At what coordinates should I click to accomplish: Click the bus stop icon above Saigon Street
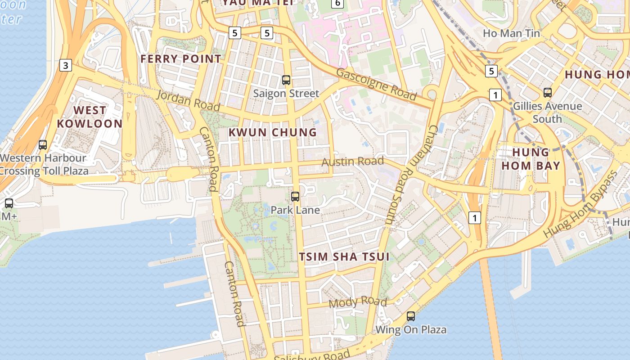point(286,80)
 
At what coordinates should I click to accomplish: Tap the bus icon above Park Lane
point(295,196)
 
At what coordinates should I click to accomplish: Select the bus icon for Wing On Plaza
point(411,316)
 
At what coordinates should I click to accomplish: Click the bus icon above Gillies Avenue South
point(548,93)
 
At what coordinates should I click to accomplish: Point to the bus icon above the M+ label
point(9,203)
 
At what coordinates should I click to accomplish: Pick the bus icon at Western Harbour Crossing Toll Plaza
point(43,145)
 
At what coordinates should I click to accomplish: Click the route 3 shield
point(66,66)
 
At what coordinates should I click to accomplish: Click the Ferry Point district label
point(181,58)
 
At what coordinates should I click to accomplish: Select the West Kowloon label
point(90,117)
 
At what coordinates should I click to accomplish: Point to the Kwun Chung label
point(273,132)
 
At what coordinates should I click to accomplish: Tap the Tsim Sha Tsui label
point(344,256)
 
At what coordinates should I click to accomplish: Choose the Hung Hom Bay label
point(531,159)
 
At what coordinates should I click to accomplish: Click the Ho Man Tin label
point(511,33)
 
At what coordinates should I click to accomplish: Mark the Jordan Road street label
point(188,100)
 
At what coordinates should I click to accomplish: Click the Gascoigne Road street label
point(376,84)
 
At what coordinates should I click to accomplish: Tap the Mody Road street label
point(358,302)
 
